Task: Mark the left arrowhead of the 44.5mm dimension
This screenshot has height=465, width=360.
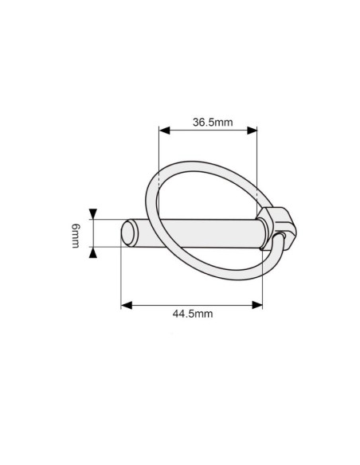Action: (x=125, y=303)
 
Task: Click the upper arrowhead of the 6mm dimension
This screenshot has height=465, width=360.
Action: (x=94, y=214)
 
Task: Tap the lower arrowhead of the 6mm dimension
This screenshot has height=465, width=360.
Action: (x=94, y=252)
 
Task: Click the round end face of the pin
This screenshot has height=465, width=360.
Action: (x=128, y=233)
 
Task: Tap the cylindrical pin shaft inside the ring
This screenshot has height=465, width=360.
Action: (x=199, y=232)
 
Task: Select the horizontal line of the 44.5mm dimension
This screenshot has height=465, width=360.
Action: (x=192, y=303)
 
